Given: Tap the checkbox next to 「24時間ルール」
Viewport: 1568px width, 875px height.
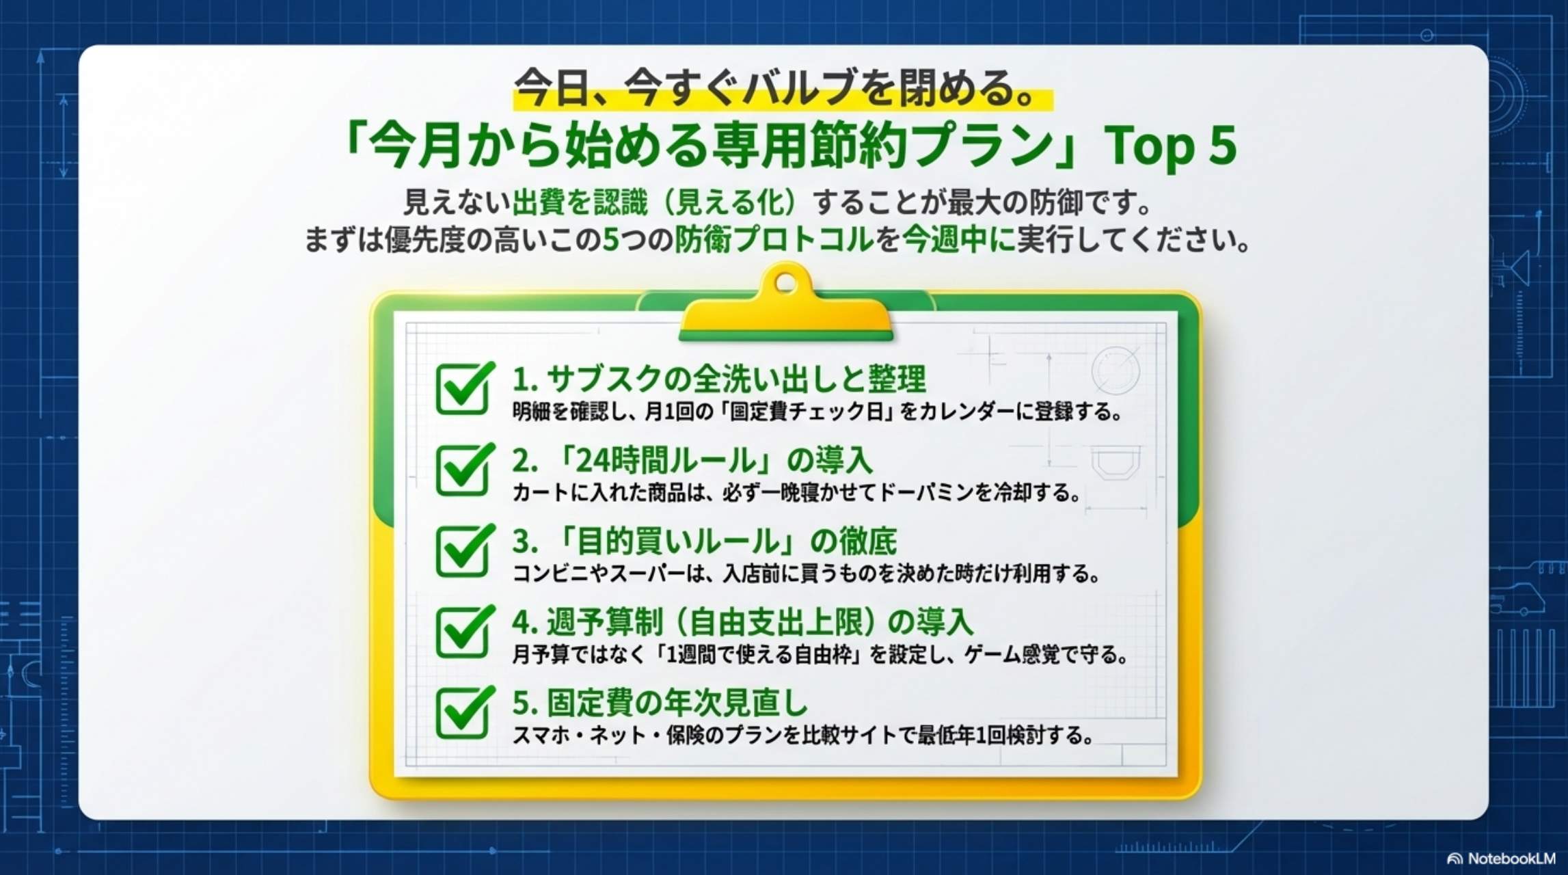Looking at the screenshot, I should pyautogui.click(x=463, y=470).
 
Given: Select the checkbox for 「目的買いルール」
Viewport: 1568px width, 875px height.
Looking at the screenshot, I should pyautogui.click(x=463, y=551).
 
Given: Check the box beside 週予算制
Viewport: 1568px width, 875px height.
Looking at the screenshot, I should pyautogui.click(x=463, y=632).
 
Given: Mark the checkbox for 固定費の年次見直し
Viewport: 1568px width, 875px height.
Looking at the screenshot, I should pyautogui.click(x=463, y=712).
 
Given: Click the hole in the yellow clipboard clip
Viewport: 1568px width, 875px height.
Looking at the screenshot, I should pyautogui.click(x=786, y=282).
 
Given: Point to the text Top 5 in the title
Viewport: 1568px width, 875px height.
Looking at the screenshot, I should pyautogui.click(x=1170, y=146).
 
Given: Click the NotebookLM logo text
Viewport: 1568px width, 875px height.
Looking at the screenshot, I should pyautogui.click(x=1511, y=859).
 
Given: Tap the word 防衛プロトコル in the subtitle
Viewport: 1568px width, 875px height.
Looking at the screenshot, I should pyautogui.click(x=775, y=240).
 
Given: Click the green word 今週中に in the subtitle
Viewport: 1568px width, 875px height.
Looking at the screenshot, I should pyautogui.click(x=957, y=240).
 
